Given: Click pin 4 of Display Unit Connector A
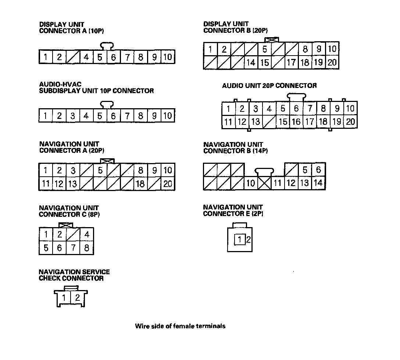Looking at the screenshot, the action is click(x=86, y=57).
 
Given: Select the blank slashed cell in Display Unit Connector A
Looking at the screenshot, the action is click(x=73, y=57).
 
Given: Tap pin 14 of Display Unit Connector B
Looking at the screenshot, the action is click(x=251, y=63).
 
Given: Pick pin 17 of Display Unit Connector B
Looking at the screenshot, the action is click(x=291, y=63).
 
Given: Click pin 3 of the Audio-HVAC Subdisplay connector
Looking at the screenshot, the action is click(x=73, y=116).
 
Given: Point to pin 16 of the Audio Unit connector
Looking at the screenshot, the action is click(x=296, y=122).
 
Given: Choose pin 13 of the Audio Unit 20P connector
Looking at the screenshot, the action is click(x=256, y=122).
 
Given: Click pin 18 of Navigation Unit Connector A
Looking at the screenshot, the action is click(x=140, y=184).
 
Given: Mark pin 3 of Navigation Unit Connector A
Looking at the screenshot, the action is click(x=73, y=170).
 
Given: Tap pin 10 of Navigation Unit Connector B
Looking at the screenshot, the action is click(x=251, y=183).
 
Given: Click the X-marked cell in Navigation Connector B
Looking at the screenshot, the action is click(x=264, y=183).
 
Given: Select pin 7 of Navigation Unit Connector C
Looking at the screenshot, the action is click(x=73, y=248).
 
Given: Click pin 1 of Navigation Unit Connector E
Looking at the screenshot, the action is click(x=240, y=240).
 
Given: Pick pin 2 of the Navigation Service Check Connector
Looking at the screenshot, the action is click(x=77, y=298).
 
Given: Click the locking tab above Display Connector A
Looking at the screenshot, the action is click(x=107, y=46).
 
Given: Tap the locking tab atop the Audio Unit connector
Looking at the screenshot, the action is click(x=296, y=97).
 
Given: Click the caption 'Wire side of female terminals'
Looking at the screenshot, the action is click(x=180, y=326).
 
